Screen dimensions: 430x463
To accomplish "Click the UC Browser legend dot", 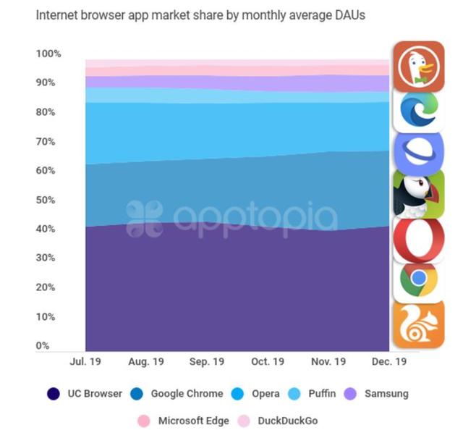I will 54,394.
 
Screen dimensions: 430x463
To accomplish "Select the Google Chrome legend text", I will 187,394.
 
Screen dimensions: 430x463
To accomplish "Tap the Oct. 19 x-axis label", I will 266,361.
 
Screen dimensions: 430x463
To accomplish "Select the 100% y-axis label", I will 48,54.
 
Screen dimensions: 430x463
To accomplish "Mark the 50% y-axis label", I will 46,200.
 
